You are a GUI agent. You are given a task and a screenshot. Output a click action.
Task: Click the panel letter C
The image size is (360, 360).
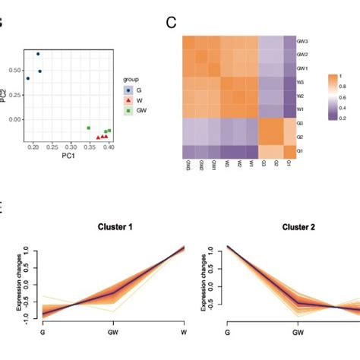click(x=172, y=22)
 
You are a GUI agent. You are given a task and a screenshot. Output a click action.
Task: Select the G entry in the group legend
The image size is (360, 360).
click(x=128, y=90)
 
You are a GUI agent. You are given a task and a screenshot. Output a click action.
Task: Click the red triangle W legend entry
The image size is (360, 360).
click(x=128, y=100)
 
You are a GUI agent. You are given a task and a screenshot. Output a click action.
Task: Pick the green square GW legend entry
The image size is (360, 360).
click(x=128, y=110)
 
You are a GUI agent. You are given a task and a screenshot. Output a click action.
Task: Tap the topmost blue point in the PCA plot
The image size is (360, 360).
click(x=38, y=54)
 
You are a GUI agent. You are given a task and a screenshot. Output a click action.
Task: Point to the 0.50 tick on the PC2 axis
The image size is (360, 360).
click(x=16, y=71)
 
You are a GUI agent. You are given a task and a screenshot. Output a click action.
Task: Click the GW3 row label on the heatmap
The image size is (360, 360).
click(x=302, y=42)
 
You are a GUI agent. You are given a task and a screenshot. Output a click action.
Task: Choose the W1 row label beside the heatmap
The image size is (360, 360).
click(x=301, y=110)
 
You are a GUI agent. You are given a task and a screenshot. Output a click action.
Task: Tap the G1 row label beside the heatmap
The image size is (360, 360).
click(x=301, y=151)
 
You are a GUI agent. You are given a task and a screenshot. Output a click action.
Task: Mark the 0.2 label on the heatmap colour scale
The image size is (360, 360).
click(x=336, y=118)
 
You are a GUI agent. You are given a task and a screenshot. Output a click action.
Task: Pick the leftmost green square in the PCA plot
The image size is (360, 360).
click(x=89, y=128)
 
